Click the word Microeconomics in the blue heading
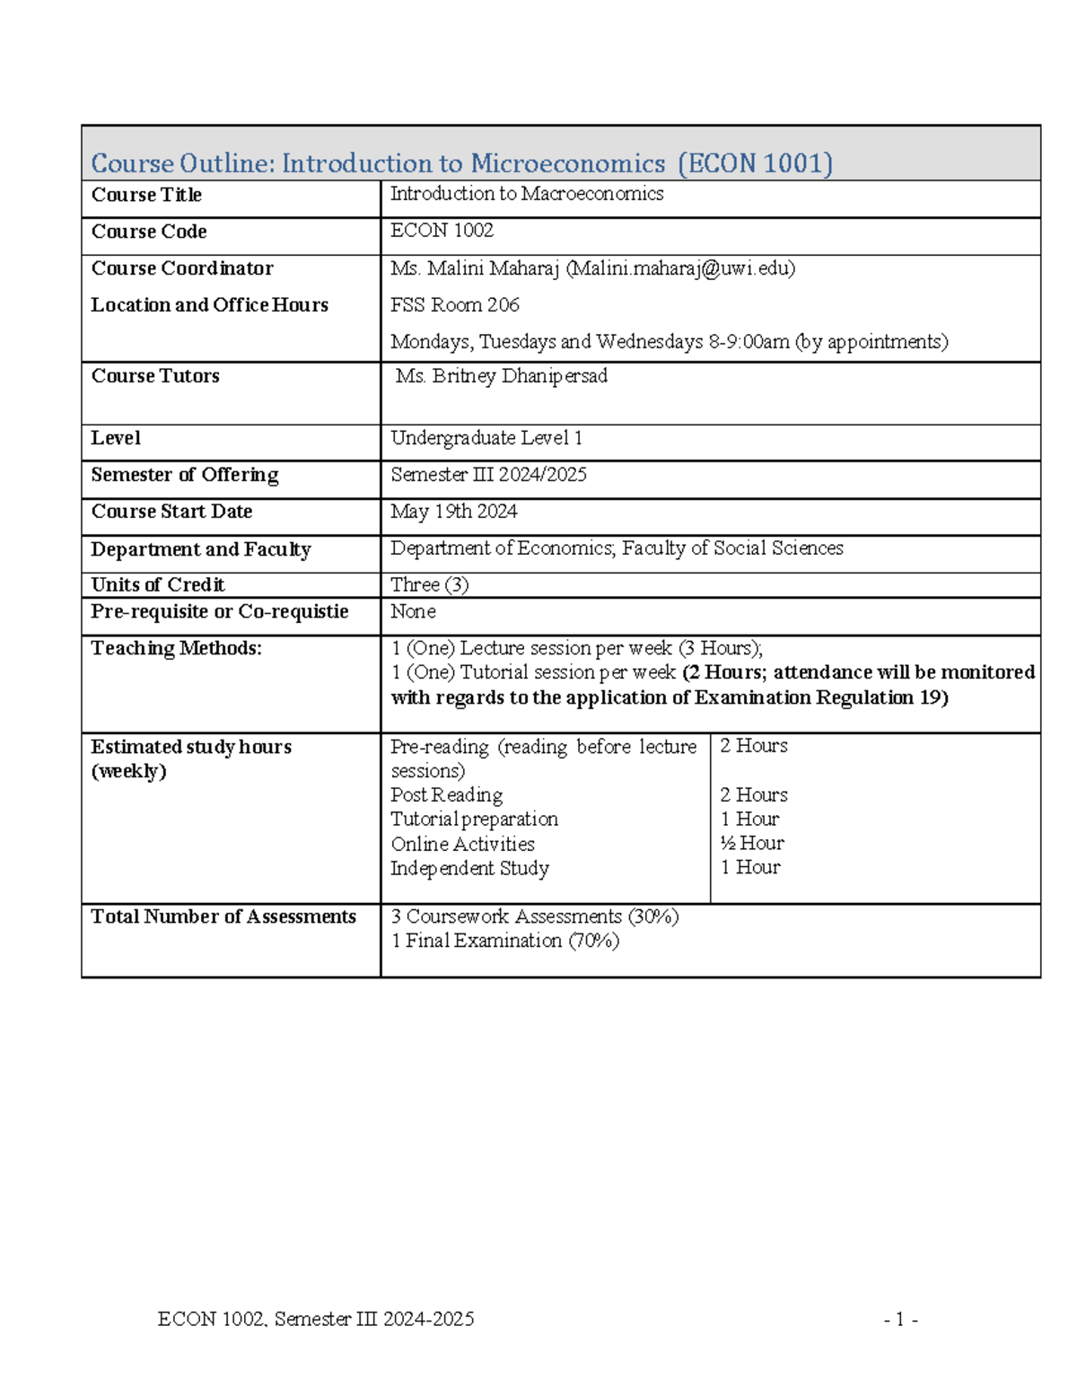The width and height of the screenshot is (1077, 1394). [x=567, y=163]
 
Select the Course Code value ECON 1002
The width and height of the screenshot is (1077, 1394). [x=442, y=231]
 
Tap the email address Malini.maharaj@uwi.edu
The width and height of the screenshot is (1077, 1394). [x=680, y=268]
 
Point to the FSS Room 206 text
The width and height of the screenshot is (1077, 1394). [x=455, y=305]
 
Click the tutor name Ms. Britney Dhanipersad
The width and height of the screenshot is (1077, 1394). [x=501, y=376]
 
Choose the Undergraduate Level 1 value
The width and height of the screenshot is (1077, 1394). [x=486, y=438]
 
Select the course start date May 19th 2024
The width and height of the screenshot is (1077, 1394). [x=453, y=512]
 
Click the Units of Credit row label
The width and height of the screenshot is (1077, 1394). [x=158, y=584]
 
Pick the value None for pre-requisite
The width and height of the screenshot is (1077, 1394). [x=413, y=611]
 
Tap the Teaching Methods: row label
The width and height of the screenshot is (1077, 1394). [x=176, y=648]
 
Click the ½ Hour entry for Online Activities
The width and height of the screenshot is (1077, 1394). [x=752, y=843]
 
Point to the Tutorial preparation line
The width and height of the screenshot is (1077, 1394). [x=474, y=819]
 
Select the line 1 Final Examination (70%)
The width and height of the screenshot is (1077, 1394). [x=505, y=941]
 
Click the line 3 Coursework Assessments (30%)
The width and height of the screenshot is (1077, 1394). [x=535, y=916]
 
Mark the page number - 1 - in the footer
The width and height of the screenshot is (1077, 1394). [x=900, y=1319]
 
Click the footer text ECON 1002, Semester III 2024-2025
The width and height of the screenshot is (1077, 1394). [x=316, y=1319]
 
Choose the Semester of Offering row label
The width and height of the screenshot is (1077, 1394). [x=185, y=475]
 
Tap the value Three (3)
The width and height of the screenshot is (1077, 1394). [x=429, y=584]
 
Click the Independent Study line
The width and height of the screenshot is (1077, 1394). [x=469, y=868]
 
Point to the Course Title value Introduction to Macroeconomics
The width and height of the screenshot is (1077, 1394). [x=527, y=194]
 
